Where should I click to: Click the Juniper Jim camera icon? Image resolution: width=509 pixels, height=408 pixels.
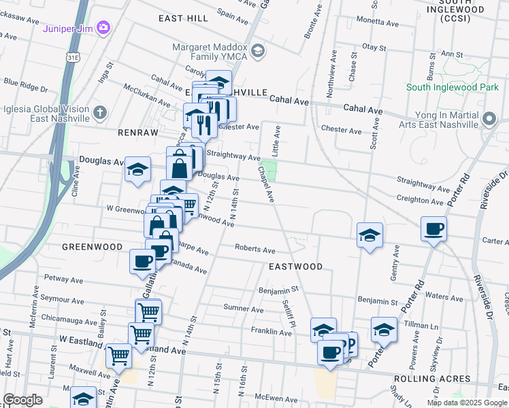(103, 28)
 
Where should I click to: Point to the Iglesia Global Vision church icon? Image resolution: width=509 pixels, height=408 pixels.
(99, 112)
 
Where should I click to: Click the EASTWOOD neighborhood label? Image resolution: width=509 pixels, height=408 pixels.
(295, 267)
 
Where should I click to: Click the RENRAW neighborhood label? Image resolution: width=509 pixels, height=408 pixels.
(137, 132)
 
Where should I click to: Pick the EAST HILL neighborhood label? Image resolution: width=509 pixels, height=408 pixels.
(183, 18)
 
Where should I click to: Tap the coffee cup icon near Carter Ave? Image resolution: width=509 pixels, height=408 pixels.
(433, 229)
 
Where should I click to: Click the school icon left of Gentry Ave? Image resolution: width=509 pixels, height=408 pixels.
(370, 235)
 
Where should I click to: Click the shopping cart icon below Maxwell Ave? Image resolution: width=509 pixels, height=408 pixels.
(119, 355)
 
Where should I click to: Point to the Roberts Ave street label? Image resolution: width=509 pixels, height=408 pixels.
(255, 249)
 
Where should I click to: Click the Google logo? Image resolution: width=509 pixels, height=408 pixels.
(22, 401)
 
